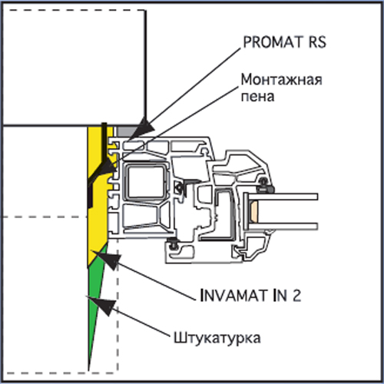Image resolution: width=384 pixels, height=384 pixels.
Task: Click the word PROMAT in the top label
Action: (x=273, y=42)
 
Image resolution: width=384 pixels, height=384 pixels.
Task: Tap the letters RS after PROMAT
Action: (x=317, y=42)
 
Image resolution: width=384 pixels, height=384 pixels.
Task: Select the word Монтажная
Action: (x=282, y=80)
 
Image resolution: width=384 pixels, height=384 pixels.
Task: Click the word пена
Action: (x=257, y=97)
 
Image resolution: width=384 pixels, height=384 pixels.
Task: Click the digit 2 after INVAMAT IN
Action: (x=296, y=296)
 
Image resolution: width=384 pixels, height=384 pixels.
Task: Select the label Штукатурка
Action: (x=217, y=338)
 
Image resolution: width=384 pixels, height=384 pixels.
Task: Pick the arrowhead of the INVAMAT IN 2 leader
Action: (x=108, y=259)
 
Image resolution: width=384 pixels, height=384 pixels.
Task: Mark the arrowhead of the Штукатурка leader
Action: (x=102, y=305)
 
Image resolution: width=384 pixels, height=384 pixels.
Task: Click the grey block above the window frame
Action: (x=125, y=131)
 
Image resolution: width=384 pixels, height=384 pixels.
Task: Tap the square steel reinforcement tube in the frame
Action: (x=145, y=182)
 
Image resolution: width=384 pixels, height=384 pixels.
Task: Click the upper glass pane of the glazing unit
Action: (x=283, y=197)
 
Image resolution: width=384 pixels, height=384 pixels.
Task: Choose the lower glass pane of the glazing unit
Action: (x=283, y=227)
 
